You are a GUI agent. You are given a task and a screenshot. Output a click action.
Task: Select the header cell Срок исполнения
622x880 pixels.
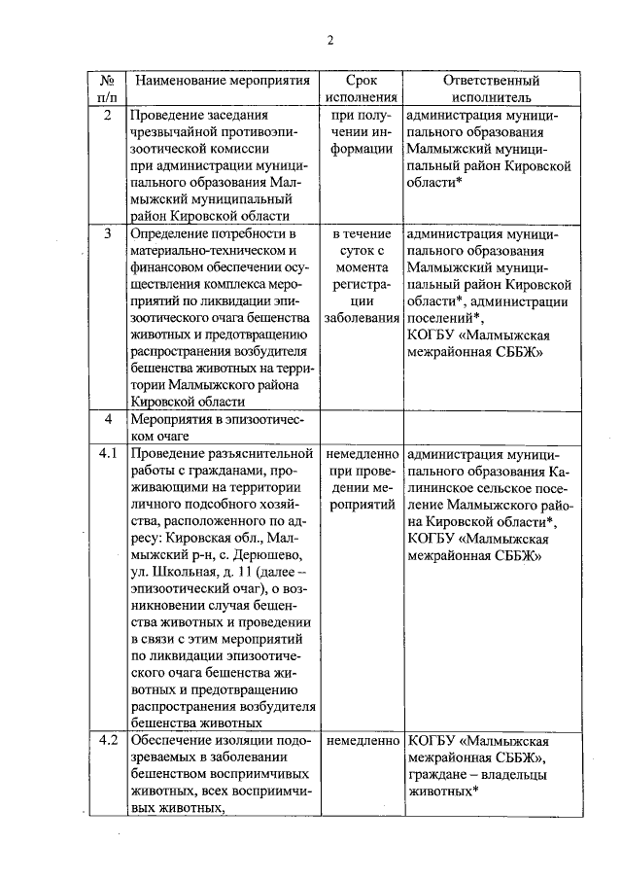[x=361, y=88]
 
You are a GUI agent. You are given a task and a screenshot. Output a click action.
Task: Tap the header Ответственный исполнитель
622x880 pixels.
[x=491, y=88]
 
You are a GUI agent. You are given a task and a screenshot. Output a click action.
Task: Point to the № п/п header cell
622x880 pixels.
[x=108, y=88]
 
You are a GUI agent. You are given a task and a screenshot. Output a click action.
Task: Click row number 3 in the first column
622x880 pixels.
[x=108, y=234]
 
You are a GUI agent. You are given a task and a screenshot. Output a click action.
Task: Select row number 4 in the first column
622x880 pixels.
[x=108, y=419]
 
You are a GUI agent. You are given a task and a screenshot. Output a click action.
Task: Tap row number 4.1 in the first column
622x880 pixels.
[x=108, y=453]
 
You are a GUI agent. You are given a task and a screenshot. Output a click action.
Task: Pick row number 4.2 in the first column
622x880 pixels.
[x=108, y=740]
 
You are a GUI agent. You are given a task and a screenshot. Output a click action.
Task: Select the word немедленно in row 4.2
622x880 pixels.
[x=361, y=740]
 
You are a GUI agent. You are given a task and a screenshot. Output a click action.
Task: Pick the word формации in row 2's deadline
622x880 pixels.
[x=361, y=150]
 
